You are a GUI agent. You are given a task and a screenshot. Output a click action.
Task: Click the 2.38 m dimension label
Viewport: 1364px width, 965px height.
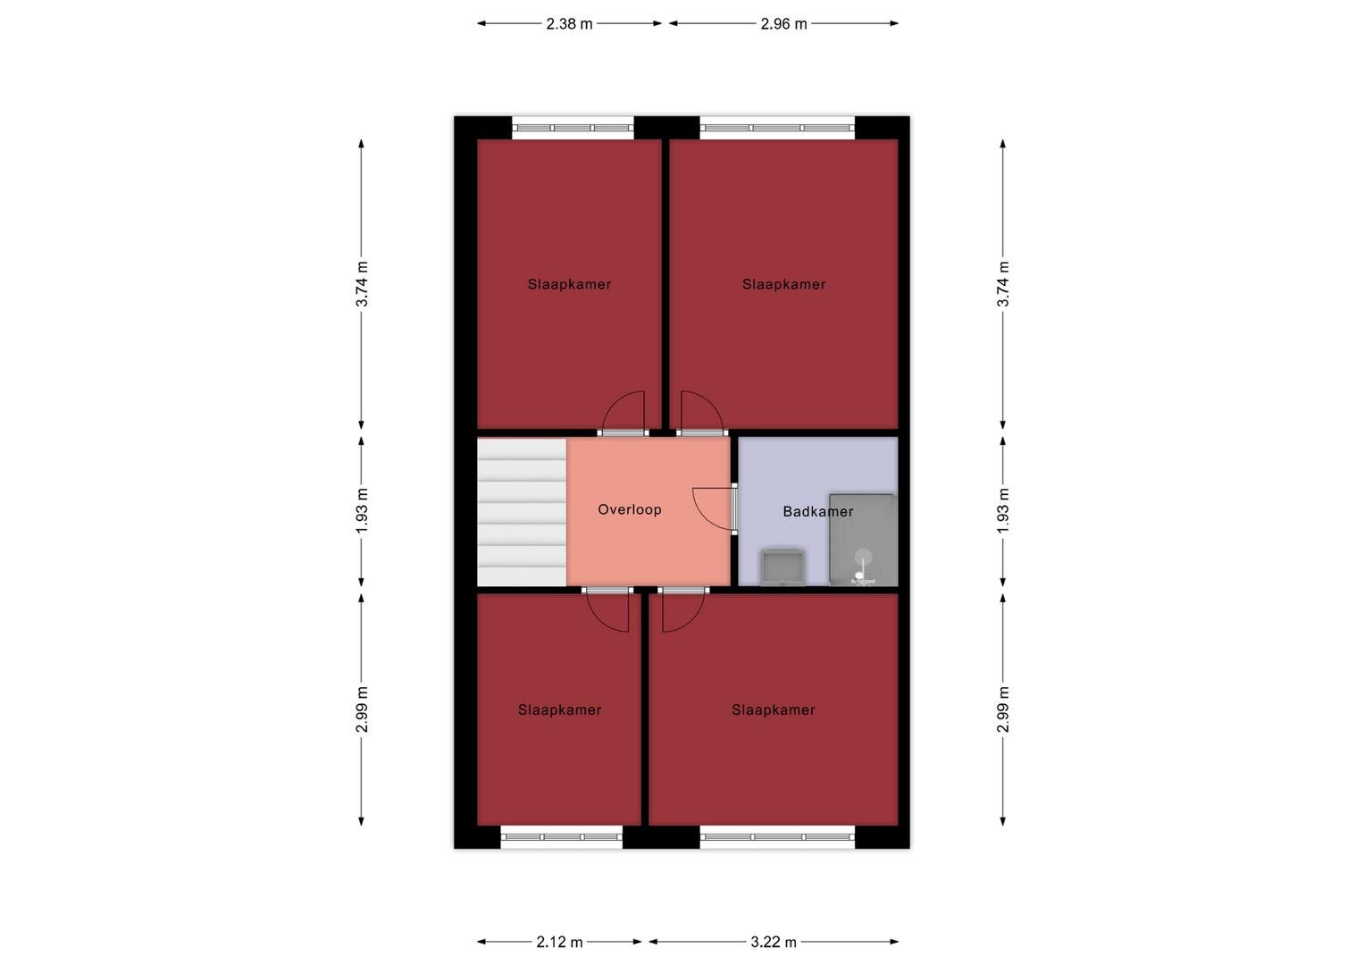[569, 24]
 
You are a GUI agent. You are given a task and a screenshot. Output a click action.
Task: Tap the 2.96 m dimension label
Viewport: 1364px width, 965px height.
[783, 24]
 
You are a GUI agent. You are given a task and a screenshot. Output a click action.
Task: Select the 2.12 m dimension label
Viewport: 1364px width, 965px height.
[559, 942]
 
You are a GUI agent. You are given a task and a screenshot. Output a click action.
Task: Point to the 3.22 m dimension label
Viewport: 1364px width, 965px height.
[774, 942]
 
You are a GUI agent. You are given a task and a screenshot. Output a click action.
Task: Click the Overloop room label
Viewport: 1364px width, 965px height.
[630, 509]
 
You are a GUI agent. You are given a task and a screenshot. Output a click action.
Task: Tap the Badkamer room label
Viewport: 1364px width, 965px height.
[818, 511]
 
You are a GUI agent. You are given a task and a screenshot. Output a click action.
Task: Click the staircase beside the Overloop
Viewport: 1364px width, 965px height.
[522, 512]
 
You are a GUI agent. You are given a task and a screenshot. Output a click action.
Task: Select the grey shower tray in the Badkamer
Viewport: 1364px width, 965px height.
[863, 541]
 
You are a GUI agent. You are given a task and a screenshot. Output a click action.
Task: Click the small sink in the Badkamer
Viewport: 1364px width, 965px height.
[782, 567]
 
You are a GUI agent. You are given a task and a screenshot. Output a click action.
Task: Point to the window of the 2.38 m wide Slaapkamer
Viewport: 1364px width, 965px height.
[573, 128]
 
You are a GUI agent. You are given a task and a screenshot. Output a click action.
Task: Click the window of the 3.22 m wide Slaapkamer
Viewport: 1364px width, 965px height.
[777, 837]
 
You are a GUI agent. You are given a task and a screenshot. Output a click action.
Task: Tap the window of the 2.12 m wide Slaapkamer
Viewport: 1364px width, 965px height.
[562, 837]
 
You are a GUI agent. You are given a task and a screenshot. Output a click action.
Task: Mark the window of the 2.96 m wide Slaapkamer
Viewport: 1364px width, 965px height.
[777, 128]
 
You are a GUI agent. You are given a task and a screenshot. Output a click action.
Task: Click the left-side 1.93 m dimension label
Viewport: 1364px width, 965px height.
[362, 510]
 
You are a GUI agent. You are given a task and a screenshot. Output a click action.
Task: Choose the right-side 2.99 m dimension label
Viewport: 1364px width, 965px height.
[1003, 709]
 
